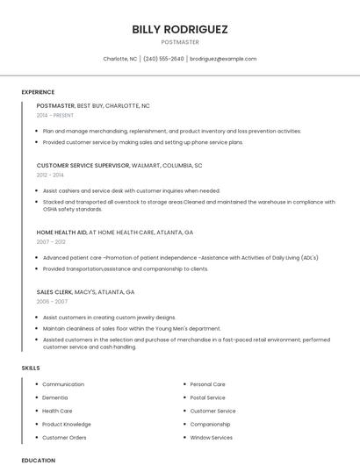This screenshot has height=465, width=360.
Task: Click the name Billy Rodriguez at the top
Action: point(180,29)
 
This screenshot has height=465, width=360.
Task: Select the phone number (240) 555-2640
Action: point(163,59)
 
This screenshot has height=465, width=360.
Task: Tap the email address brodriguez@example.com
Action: point(223,59)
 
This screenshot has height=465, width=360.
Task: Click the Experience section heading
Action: point(38,92)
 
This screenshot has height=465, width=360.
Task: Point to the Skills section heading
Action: point(31,368)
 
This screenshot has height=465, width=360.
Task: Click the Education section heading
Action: point(38,460)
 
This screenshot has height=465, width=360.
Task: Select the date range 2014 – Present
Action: point(55,115)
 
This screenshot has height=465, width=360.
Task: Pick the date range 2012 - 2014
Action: point(50,175)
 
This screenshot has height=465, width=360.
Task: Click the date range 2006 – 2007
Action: point(52,301)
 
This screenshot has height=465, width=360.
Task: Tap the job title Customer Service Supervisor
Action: point(83,165)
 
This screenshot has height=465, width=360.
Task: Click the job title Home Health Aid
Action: point(61,232)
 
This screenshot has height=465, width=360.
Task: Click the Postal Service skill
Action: point(208,397)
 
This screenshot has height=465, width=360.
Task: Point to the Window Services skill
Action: point(211,437)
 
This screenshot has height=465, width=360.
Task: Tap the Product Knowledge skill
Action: point(67,424)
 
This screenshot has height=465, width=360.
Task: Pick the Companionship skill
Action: point(210,424)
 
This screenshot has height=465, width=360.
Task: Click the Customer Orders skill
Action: point(64,437)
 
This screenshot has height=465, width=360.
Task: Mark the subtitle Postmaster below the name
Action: point(180,42)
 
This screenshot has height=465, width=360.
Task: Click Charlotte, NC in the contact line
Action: point(120,59)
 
